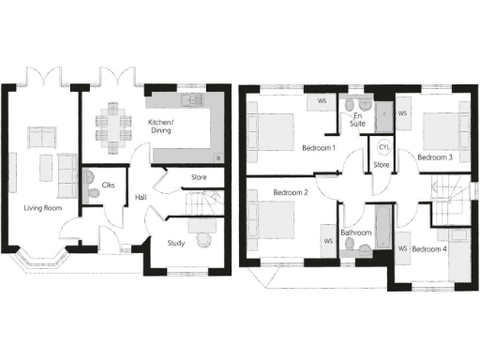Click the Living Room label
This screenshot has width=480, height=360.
(x=44, y=207)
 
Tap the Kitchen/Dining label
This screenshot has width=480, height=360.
(x=167, y=127)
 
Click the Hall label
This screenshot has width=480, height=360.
(x=140, y=197)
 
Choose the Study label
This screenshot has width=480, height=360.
(x=175, y=244)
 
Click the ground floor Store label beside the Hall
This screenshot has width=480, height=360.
(x=199, y=175)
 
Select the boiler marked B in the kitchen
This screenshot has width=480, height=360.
(x=218, y=156)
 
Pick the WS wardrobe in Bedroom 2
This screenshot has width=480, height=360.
(x=328, y=241)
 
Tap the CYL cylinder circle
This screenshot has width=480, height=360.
(x=383, y=148)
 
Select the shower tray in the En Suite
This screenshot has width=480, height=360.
(x=384, y=116)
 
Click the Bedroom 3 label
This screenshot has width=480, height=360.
(x=435, y=157)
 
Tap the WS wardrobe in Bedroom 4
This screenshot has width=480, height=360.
(x=402, y=249)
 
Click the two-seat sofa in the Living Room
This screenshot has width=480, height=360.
(x=41, y=139)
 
